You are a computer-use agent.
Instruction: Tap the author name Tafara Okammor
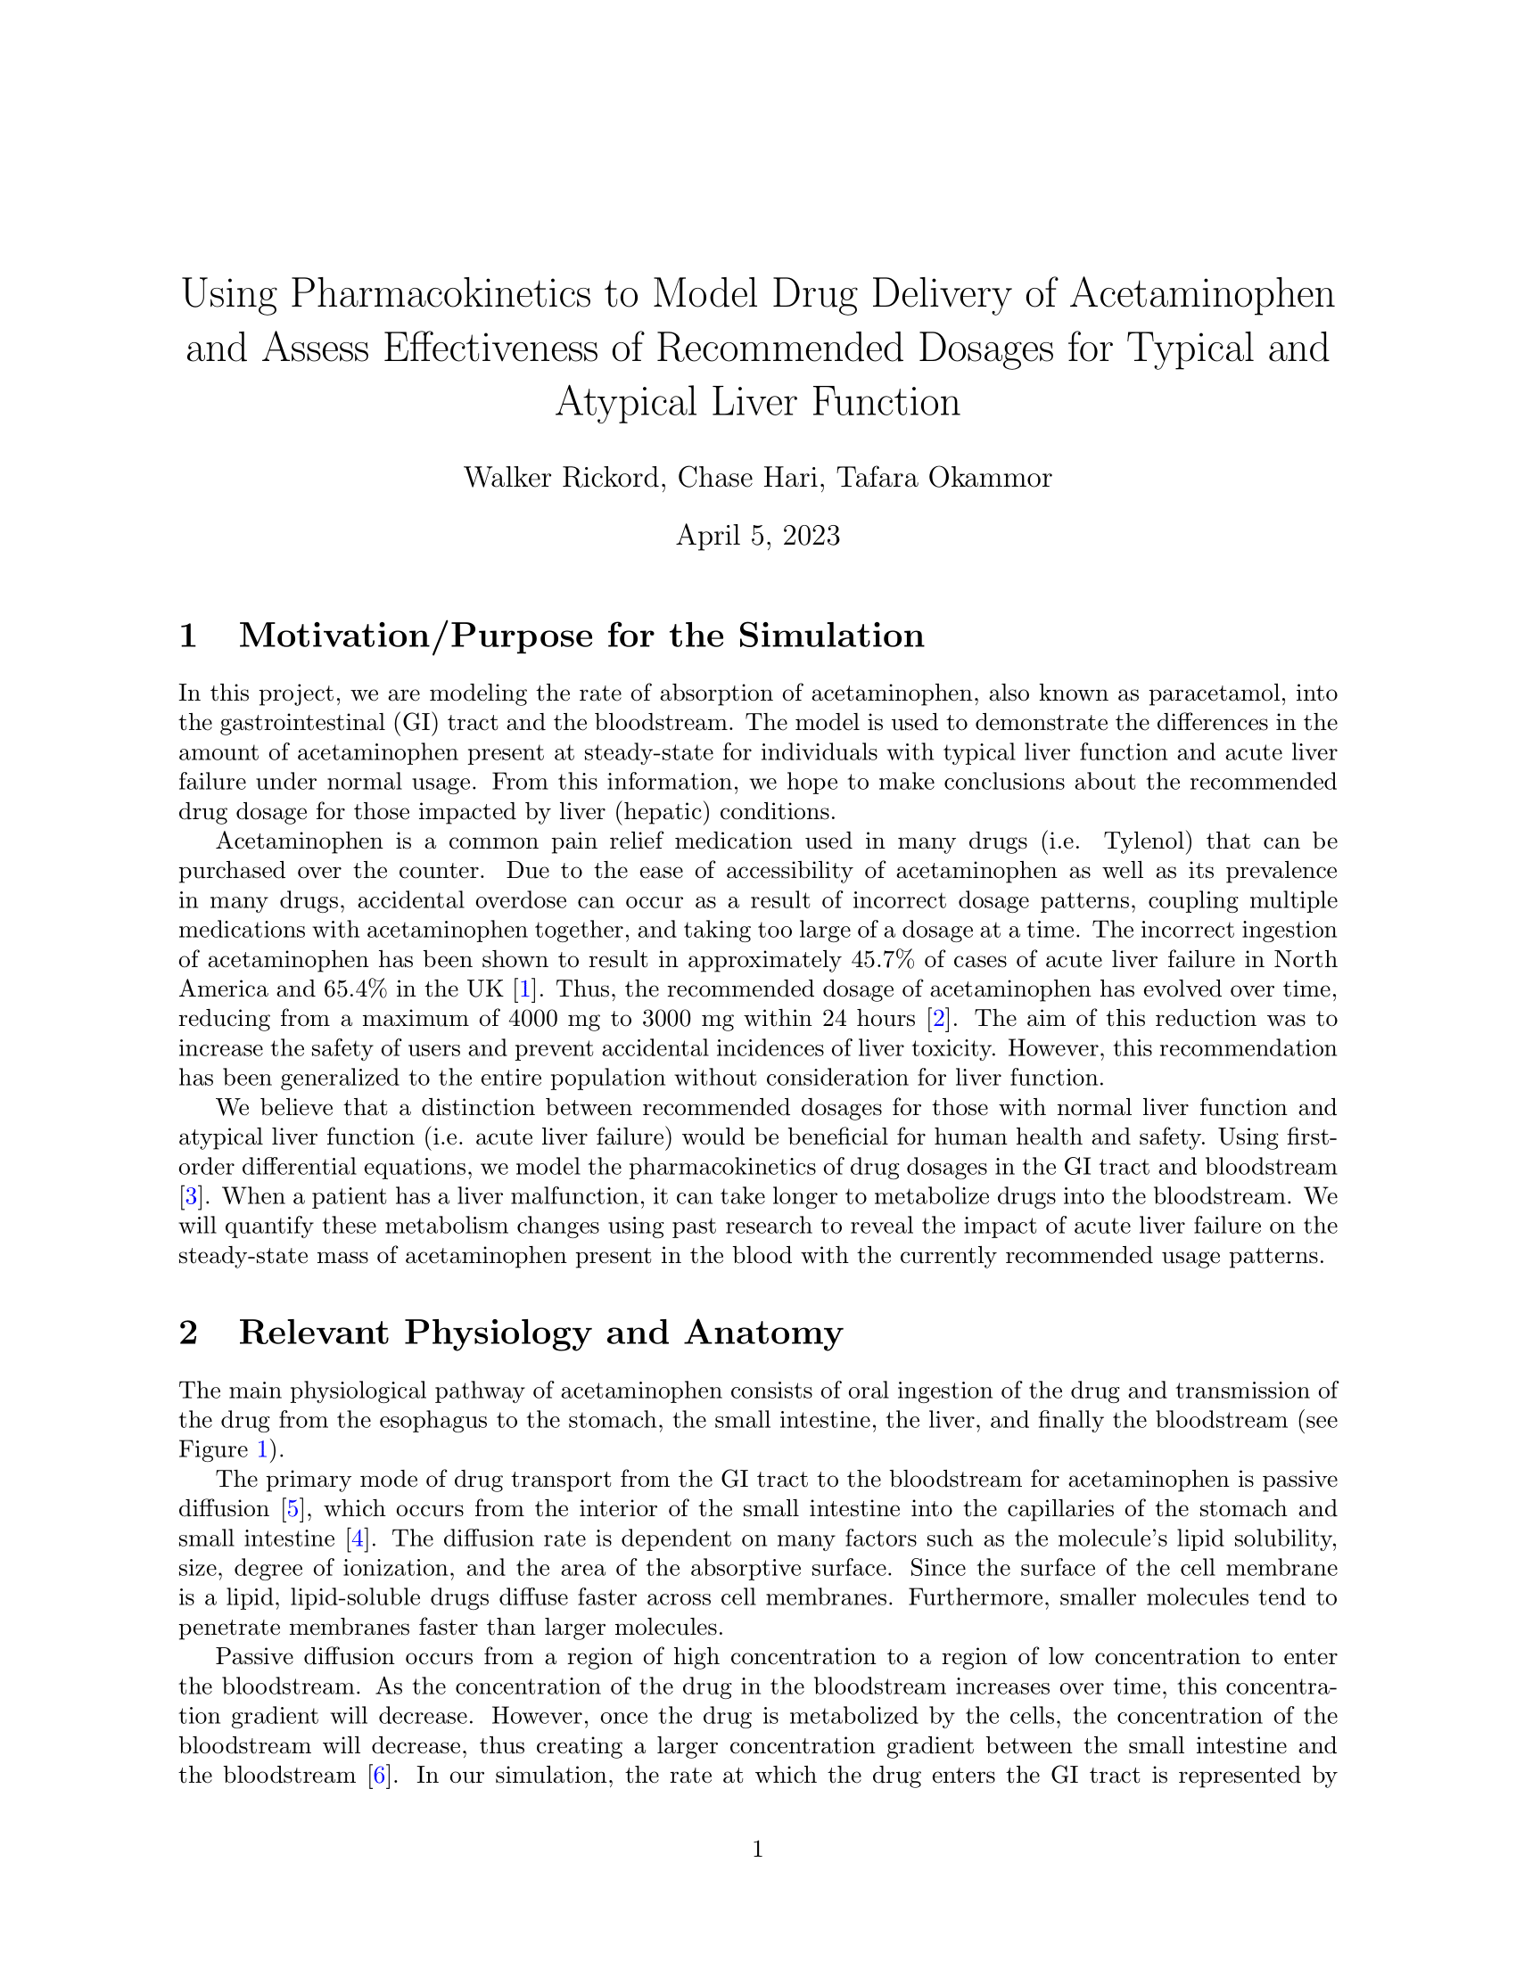[943, 477]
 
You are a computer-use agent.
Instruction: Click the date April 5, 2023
[758, 535]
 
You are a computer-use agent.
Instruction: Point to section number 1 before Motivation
[187, 636]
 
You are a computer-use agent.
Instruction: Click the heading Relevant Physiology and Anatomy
[540, 1333]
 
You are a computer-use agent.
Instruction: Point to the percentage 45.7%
[882, 960]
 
